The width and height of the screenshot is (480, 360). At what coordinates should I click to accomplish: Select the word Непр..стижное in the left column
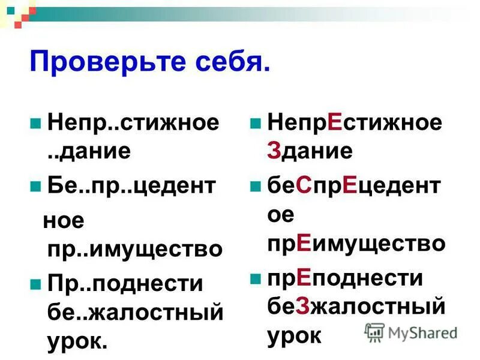pos(133,124)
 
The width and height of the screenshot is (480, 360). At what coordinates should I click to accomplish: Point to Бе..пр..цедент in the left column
pos(131,186)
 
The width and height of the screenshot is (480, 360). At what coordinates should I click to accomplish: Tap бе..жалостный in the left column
pos(135,312)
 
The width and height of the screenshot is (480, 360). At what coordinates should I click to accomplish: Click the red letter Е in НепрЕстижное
pos(335,123)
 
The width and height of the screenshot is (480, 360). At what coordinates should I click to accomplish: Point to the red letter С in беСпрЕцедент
pos(302,186)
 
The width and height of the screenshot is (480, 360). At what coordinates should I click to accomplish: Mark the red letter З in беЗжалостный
pos(302,307)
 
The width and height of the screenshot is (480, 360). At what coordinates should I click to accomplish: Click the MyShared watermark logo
pos(411,332)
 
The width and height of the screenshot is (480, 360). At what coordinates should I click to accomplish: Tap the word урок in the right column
pos(295,335)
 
